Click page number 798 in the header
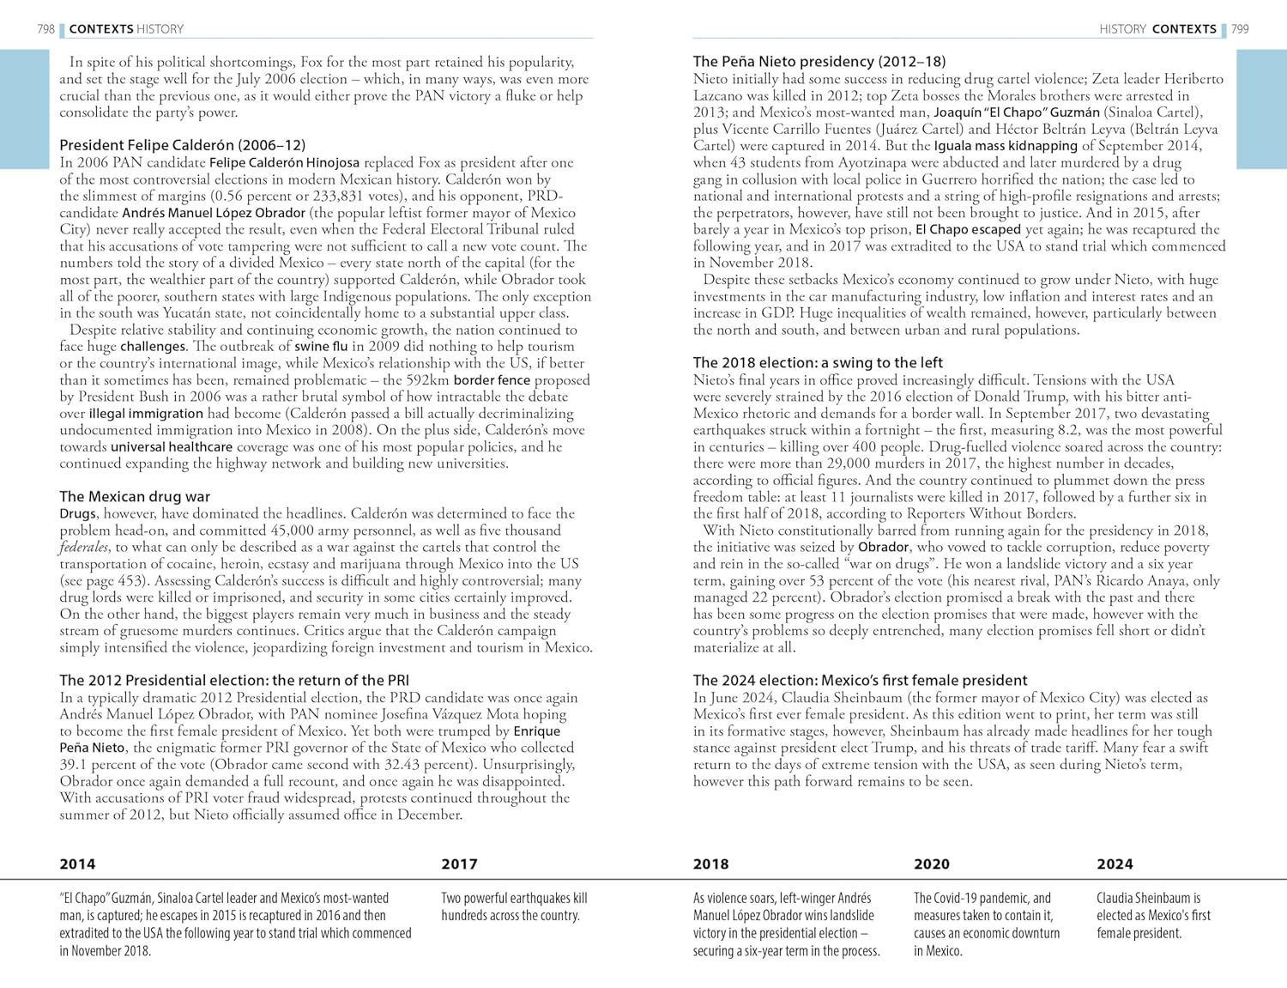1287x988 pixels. tap(45, 29)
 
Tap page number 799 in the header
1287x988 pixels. tap(1240, 29)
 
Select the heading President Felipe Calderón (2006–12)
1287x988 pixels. tap(182, 145)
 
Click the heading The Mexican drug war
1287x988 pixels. tap(135, 496)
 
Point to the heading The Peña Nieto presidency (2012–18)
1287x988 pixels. tap(819, 61)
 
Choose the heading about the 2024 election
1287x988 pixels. tap(860, 680)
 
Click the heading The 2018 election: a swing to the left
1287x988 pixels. tap(818, 362)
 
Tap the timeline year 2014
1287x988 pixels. tap(77, 864)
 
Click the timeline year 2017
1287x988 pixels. tap(459, 864)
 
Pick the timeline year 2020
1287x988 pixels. tap(932, 864)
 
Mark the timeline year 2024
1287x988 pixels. tap(1115, 864)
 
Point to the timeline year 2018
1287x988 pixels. tap(710, 864)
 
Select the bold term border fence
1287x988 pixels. tap(485, 380)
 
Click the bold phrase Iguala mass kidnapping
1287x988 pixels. tap(1006, 146)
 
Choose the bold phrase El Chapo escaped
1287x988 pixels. tap(968, 229)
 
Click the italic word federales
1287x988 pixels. tap(84, 548)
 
